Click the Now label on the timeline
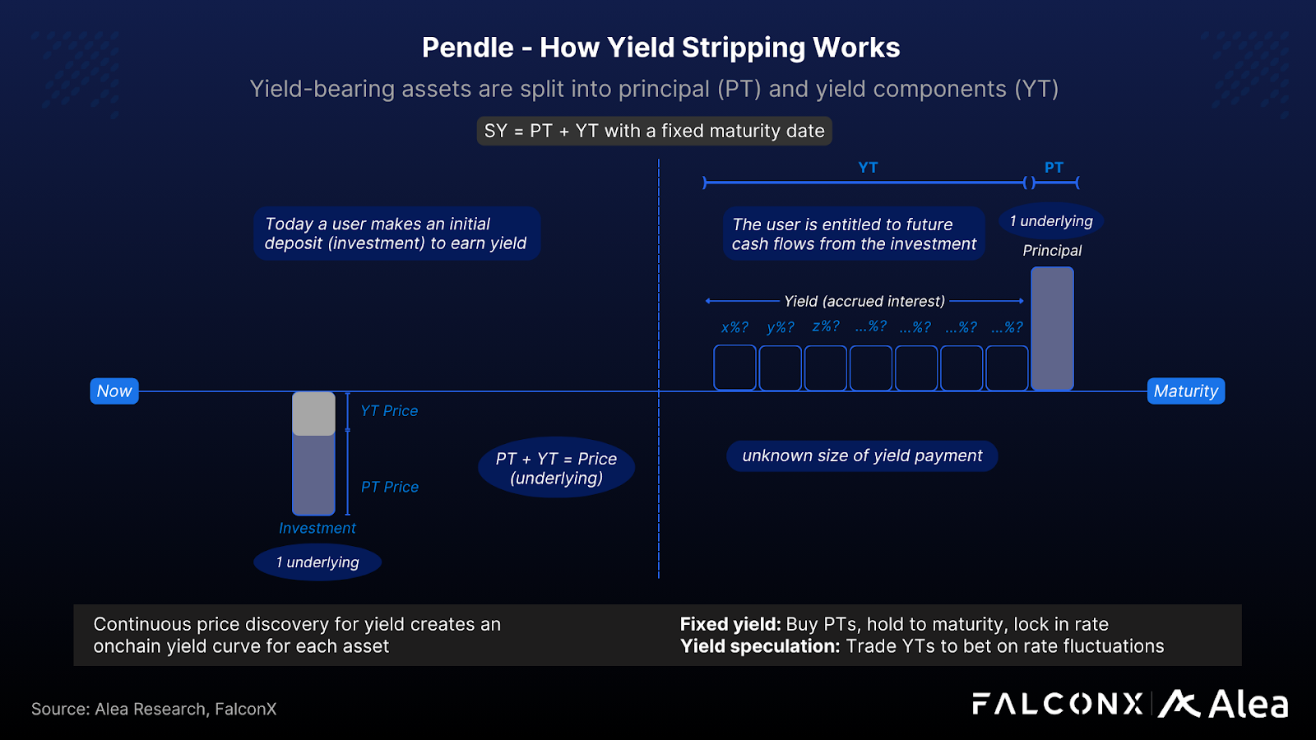click(x=114, y=391)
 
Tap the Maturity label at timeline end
click(x=1185, y=391)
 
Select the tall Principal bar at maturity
click(x=1052, y=328)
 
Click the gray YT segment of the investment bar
click(x=313, y=414)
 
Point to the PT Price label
click(x=390, y=487)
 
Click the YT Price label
click(x=389, y=410)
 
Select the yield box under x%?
click(x=734, y=368)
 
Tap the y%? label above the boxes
click(x=781, y=327)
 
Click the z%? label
click(x=826, y=326)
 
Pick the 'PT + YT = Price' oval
click(x=556, y=468)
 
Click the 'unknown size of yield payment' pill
click(x=862, y=456)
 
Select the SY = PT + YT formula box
click(x=654, y=131)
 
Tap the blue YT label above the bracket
click(x=868, y=167)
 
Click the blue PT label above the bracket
click(x=1054, y=167)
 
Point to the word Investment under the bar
click(x=317, y=528)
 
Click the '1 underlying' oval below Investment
click(x=317, y=562)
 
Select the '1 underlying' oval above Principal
click(x=1051, y=221)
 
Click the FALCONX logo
click(x=1058, y=704)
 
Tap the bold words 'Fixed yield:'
click(x=730, y=624)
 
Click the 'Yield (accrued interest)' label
click(x=864, y=301)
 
